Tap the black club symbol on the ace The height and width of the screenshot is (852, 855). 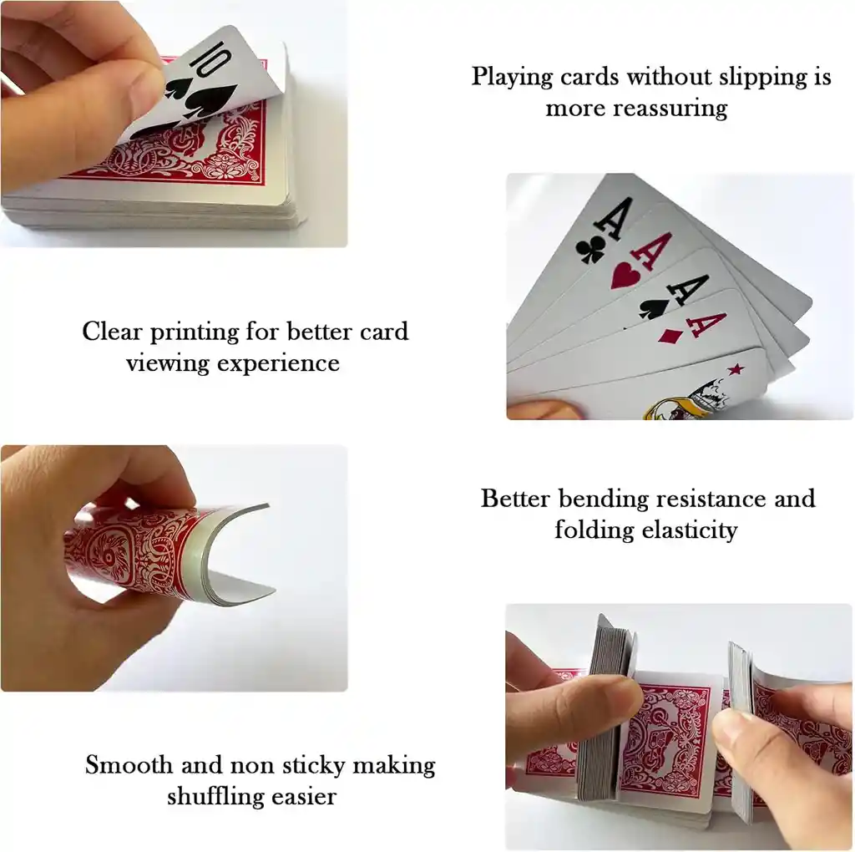[x=590, y=250]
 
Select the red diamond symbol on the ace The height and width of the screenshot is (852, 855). [x=669, y=336]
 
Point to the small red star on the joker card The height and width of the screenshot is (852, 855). [x=735, y=369]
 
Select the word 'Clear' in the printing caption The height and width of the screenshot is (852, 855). [x=113, y=331]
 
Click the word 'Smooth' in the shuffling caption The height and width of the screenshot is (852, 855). [x=129, y=765]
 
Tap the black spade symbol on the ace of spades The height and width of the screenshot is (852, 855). [x=654, y=307]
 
